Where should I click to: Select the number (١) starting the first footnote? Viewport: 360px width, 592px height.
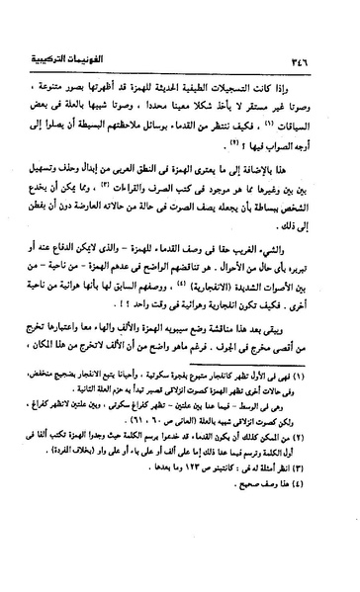[321, 431]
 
